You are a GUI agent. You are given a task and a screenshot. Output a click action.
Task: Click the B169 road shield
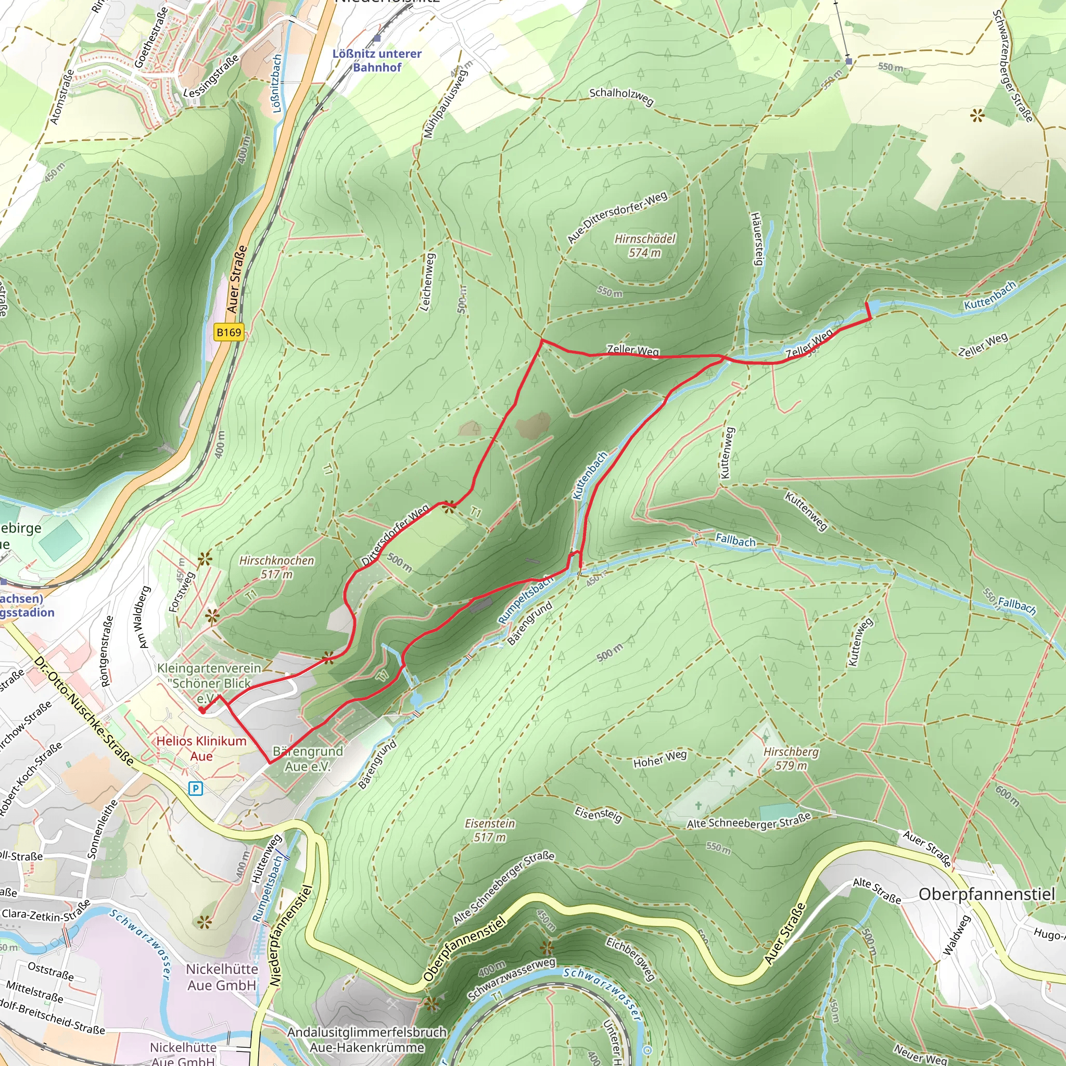pos(229,332)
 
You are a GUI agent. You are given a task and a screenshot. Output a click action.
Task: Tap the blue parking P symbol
pos(195,789)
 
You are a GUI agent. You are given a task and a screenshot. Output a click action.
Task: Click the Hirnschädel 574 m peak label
pos(644,246)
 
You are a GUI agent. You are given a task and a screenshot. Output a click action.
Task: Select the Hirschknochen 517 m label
pos(276,567)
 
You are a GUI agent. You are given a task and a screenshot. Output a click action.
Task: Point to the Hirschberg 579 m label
pos(791,758)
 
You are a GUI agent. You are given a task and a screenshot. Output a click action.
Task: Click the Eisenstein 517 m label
pos(489,830)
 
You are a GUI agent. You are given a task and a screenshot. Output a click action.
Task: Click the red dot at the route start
pos(202,710)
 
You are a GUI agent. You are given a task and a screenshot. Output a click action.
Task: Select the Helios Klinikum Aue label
pos(201,748)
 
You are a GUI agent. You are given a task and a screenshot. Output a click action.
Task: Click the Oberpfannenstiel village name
pos(986,894)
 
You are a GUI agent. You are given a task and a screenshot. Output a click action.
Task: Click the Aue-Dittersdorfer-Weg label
pos(617,217)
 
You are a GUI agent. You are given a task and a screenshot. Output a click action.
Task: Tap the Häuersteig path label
pos(756,238)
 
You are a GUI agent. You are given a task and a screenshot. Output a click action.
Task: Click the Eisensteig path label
pos(598,815)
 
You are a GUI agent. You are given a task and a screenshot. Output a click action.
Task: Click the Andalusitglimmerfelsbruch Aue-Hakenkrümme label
pos(367,1039)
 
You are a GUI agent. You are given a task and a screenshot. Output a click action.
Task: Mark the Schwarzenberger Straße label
pos(1012,66)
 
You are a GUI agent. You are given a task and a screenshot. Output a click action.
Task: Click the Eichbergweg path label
pos(631,958)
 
